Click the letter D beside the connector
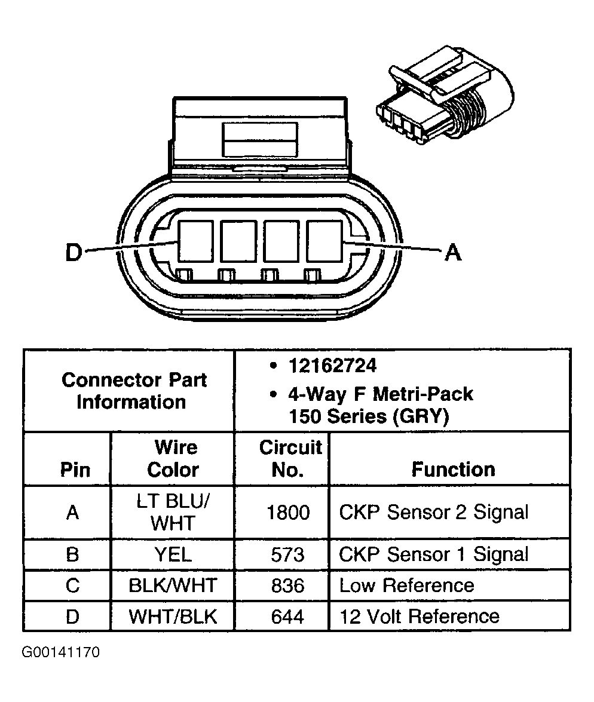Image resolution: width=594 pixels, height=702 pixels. point(73,253)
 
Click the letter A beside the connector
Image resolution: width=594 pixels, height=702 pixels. point(454,253)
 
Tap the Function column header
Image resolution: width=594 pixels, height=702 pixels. point(453,469)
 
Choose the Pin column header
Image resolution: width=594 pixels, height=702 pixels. point(75,470)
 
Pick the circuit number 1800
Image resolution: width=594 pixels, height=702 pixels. point(287,513)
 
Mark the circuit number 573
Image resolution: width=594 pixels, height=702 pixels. point(287,554)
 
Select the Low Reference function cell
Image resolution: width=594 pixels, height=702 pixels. point(406,585)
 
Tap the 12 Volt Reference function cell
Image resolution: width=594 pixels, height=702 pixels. point(419,616)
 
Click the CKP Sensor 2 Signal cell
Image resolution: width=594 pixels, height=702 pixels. point(434,513)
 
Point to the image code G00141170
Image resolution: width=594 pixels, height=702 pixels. point(61,652)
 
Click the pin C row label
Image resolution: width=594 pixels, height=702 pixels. point(72,585)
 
